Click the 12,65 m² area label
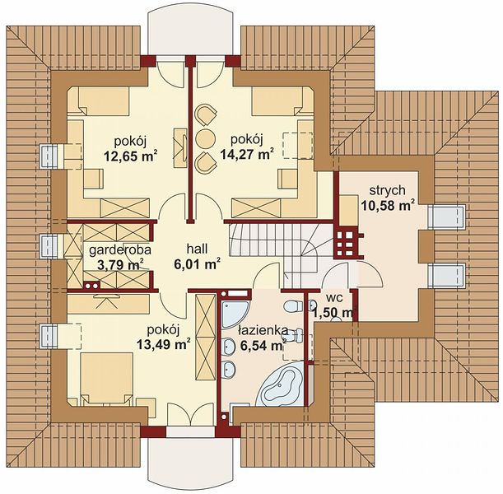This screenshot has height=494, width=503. coord(130,156)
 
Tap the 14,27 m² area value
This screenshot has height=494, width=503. coord(247,154)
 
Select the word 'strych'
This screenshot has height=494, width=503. coord(387,190)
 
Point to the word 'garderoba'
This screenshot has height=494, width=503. coord(120,250)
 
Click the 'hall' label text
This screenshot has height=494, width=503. coord(197,249)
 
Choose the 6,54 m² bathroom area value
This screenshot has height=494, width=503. coord(263,345)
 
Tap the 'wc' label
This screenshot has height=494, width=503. coord(335,298)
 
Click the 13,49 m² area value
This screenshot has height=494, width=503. coord(164,344)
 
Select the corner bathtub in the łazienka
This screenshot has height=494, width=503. coord(282,384)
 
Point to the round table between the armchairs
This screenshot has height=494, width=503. coord(205,138)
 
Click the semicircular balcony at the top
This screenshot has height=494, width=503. coord(193,33)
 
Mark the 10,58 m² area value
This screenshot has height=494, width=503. coord(388,205)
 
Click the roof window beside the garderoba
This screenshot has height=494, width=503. coord(49,246)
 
